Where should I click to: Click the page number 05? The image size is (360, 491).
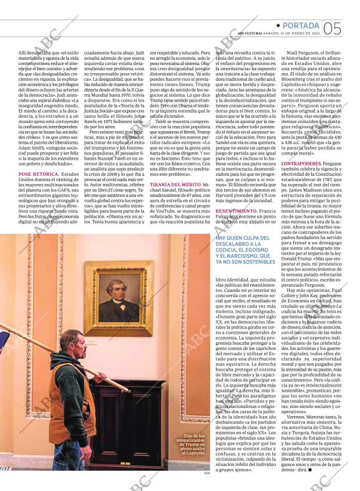point(332,28)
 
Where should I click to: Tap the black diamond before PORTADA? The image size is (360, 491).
point(278,26)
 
